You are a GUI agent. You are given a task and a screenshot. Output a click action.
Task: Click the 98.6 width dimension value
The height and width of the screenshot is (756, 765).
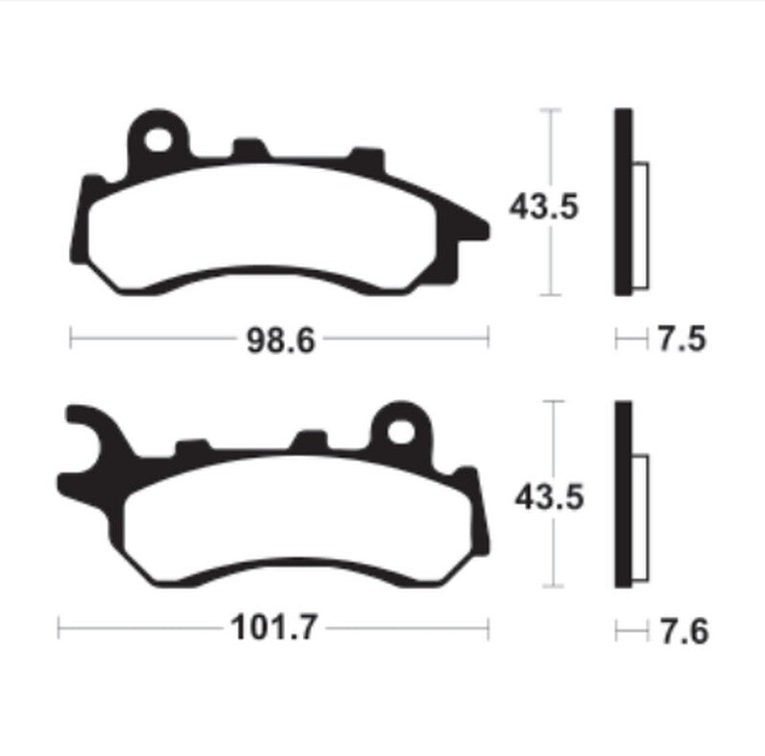tap(280, 339)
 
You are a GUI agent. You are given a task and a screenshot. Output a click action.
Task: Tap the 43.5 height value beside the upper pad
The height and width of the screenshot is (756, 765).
tap(544, 206)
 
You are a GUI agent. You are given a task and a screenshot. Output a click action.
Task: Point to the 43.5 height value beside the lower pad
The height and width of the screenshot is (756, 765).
tap(548, 497)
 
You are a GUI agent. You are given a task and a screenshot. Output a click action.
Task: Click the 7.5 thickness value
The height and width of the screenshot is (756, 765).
tap(682, 339)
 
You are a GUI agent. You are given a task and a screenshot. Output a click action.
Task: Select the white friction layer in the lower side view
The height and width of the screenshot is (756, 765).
tap(641, 517)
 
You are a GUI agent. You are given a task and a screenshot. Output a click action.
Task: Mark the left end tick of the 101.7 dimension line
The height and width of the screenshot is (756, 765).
tap(59, 630)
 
